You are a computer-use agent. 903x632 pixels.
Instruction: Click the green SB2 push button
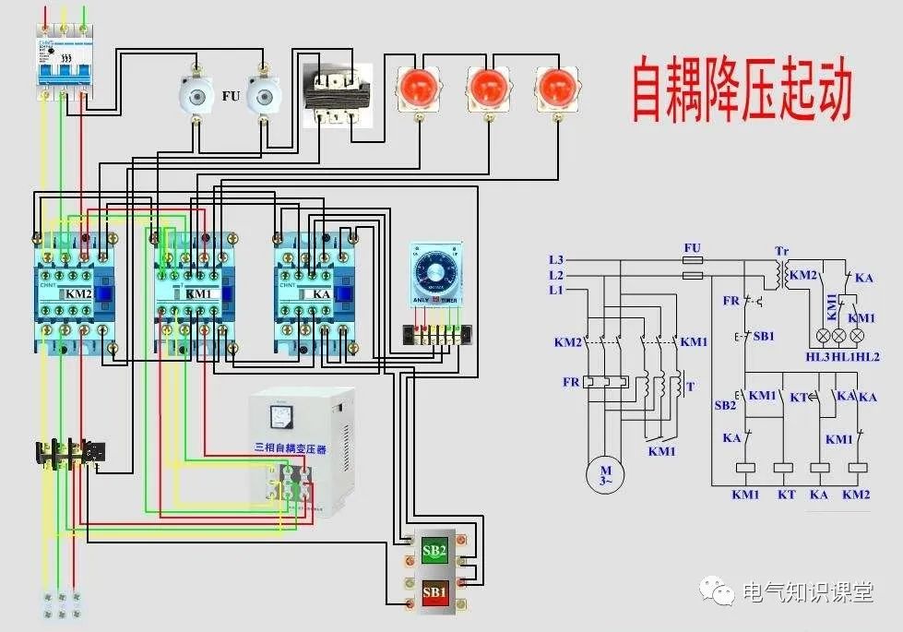coord(434,552)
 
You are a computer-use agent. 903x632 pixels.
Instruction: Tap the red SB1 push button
coord(434,590)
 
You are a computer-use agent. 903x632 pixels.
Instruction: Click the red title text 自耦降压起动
coord(741,90)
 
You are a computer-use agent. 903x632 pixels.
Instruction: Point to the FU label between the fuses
coord(231,95)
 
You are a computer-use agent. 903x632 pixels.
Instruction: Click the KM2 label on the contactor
coord(77,294)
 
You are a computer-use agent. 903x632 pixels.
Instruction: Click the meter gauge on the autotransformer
coord(282,417)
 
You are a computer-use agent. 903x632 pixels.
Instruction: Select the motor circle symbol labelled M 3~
coord(605,474)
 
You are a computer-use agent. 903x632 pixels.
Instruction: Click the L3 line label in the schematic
coord(555,259)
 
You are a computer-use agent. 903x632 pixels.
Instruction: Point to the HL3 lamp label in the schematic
coord(818,357)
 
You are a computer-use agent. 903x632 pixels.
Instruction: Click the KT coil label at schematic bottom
coord(786,494)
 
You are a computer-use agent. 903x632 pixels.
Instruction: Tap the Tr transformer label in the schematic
coord(781,251)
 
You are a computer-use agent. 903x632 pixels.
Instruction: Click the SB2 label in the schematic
coord(725,405)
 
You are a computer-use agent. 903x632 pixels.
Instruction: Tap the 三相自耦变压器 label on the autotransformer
coord(291,448)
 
